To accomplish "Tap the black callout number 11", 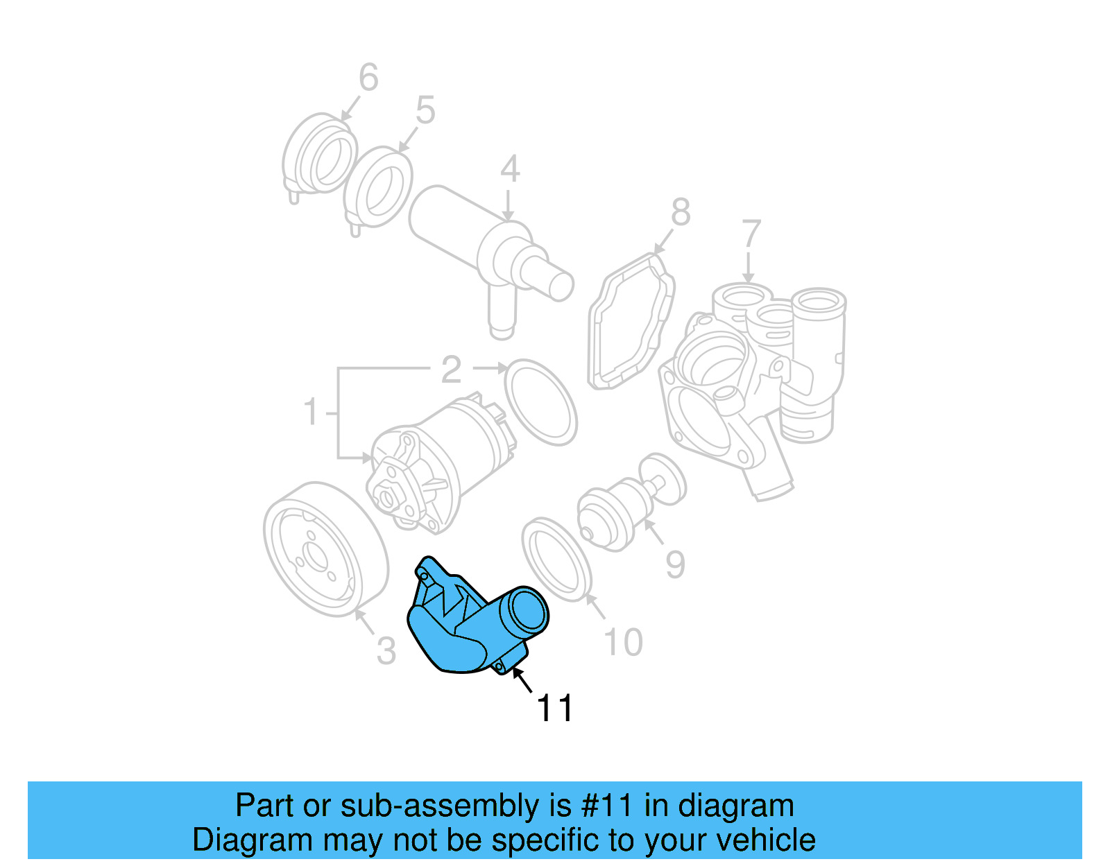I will click(555, 709).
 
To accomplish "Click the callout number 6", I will click(368, 78).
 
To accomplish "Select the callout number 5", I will click(425, 111).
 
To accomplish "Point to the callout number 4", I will click(510, 169).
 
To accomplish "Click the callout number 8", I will click(681, 212).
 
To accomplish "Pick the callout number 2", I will click(451, 370).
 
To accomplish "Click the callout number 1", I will click(311, 412).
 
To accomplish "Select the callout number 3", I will click(386, 651).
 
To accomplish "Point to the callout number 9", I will click(675, 564).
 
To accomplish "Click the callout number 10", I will click(623, 643).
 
